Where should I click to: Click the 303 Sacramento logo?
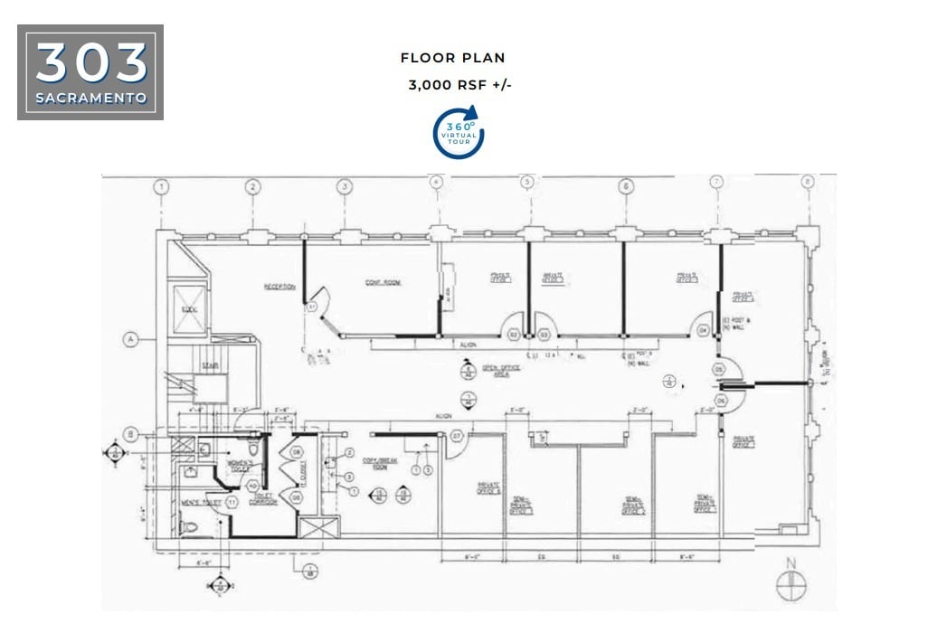point(90,72)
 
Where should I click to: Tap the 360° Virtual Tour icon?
point(459,133)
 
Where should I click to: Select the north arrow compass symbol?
point(791,585)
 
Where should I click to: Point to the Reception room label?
point(279,287)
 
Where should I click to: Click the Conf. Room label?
point(383,283)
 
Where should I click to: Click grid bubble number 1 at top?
point(161,187)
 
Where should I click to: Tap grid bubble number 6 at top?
point(626,187)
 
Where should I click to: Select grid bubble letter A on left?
point(131,340)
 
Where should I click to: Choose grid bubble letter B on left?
point(131,434)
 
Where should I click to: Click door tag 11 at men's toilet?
point(232,501)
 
